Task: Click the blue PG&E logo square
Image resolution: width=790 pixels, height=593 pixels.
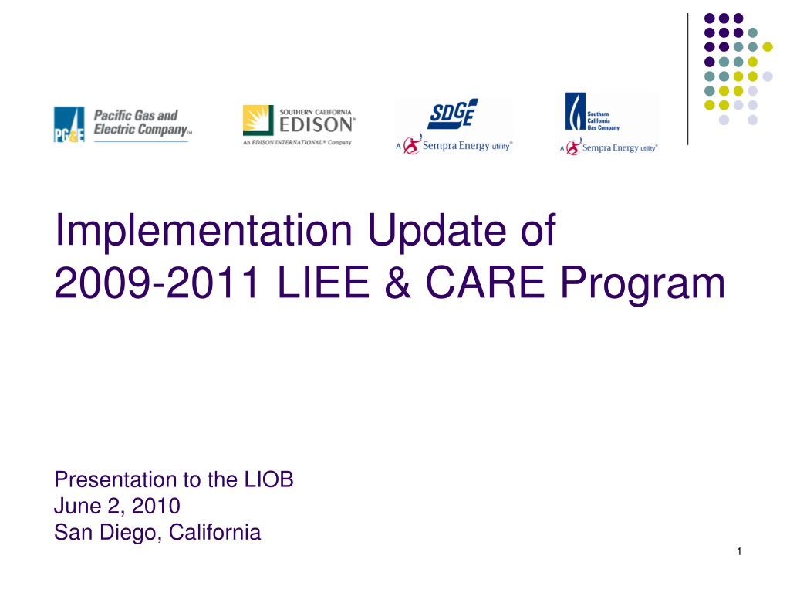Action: (x=69, y=124)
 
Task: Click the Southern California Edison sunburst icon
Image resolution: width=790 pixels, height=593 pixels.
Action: (x=258, y=120)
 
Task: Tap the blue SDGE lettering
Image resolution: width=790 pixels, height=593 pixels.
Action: (x=453, y=114)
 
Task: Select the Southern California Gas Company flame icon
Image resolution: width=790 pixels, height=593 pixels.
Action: (x=575, y=111)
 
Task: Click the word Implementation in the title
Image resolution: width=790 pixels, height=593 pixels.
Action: (x=203, y=230)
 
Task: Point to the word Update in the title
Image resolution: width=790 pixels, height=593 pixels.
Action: (x=437, y=230)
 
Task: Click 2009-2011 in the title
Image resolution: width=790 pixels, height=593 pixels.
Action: (x=157, y=283)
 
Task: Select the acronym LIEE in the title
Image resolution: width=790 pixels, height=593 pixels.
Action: (x=323, y=283)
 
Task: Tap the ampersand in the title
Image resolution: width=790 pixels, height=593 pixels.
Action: (x=397, y=283)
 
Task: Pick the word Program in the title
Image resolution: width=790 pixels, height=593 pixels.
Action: (x=643, y=284)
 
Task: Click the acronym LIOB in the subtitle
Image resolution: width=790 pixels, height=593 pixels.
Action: (x=268, y=479)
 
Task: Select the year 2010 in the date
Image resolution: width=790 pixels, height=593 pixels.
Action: (x=156, y=506)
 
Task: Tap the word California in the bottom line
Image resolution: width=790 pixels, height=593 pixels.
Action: (x=214, y=532)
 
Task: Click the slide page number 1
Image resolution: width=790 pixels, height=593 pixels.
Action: (x=739, y=551)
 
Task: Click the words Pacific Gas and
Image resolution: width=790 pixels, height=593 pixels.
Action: (x=136, y=116)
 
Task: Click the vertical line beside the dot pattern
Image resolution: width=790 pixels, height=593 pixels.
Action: (x=687, y=80)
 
